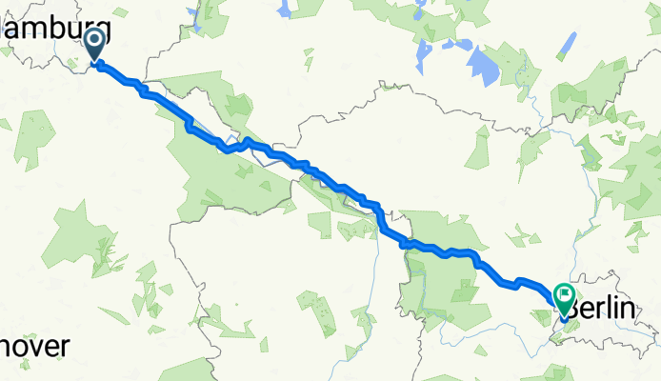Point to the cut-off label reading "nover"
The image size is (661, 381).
coord(34,348)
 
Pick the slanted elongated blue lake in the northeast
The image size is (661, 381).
coord(566,45)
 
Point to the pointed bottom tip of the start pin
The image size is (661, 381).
coord(96,63)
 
